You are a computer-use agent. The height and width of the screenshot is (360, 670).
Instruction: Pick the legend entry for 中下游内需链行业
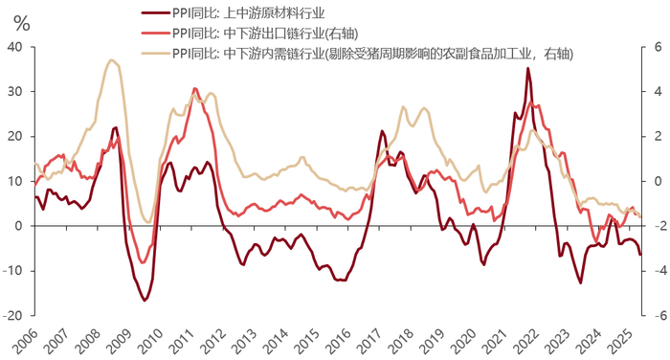(x=373, y=53)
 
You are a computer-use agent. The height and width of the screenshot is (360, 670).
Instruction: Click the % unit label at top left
(x=20, y=23)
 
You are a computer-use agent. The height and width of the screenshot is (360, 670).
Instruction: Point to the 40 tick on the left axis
(x=14, y=47)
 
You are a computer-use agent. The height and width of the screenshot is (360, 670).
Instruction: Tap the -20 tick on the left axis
(x=12, y=315)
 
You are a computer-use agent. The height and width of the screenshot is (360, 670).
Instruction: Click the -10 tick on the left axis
(x=12, y=271)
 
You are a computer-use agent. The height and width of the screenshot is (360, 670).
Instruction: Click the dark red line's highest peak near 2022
(x=528, y=68)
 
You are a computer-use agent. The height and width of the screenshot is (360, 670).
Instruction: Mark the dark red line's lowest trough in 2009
(x=145, y=301)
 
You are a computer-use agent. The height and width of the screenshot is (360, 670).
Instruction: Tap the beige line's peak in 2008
(x=112, y=60)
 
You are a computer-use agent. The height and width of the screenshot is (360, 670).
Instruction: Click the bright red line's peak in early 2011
(x=195, y=89)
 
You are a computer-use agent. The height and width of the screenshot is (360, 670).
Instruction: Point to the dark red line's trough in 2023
(x=580, y=283)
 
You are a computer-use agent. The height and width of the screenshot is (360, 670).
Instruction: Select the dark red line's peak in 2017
(x=383, y=131)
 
